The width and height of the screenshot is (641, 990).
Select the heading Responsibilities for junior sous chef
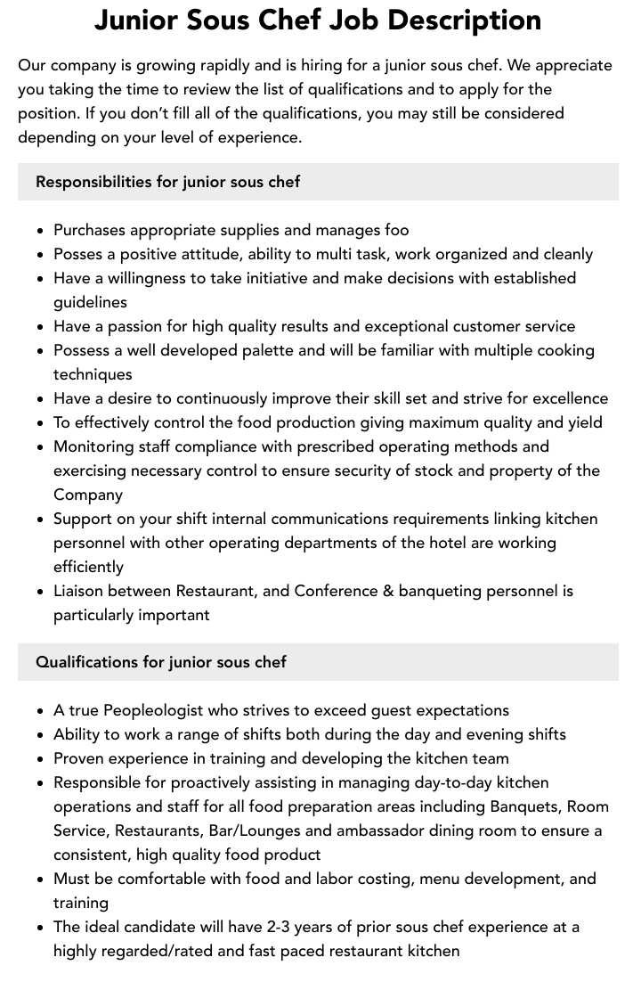(x=167, y=182)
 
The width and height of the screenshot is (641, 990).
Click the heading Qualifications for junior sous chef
(x=161, y=662)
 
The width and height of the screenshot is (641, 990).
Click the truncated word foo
(x=397, y=230)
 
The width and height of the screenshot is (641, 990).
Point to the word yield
(x=582, y=422)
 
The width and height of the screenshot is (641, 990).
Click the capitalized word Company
(x=88, y=495)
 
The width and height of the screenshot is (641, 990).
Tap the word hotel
(x=385, y=543)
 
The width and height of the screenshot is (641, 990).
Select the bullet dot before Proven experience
(x=41, y=759)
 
